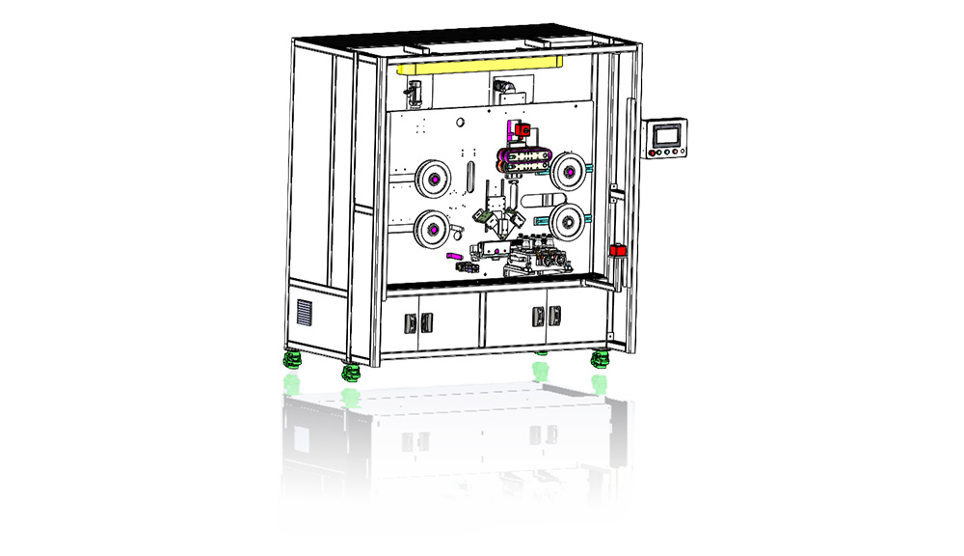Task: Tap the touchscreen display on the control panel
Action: click(x=666, y=134)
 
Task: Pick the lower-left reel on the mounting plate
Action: click(x=432, y=229)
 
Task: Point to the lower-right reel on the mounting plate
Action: click(x=568, y=218)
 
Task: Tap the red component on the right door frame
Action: click(x=618, y=252)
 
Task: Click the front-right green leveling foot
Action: click(x=599, y=360)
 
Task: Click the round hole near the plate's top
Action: click(x=461, y=122)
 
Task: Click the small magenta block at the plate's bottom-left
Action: click(x=454, y=256)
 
